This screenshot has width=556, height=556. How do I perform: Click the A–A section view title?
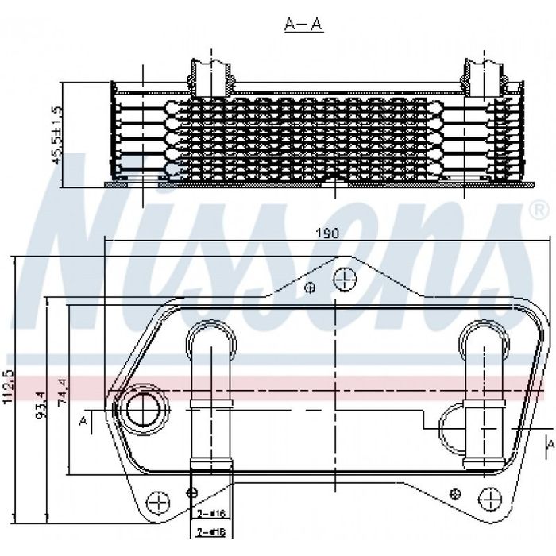tap(304, 25)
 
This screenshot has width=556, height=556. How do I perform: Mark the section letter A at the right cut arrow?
tap(548, 442)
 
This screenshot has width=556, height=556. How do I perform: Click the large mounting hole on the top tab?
tap(343, 279)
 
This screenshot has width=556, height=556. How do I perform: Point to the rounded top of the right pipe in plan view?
tap(486, 336)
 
